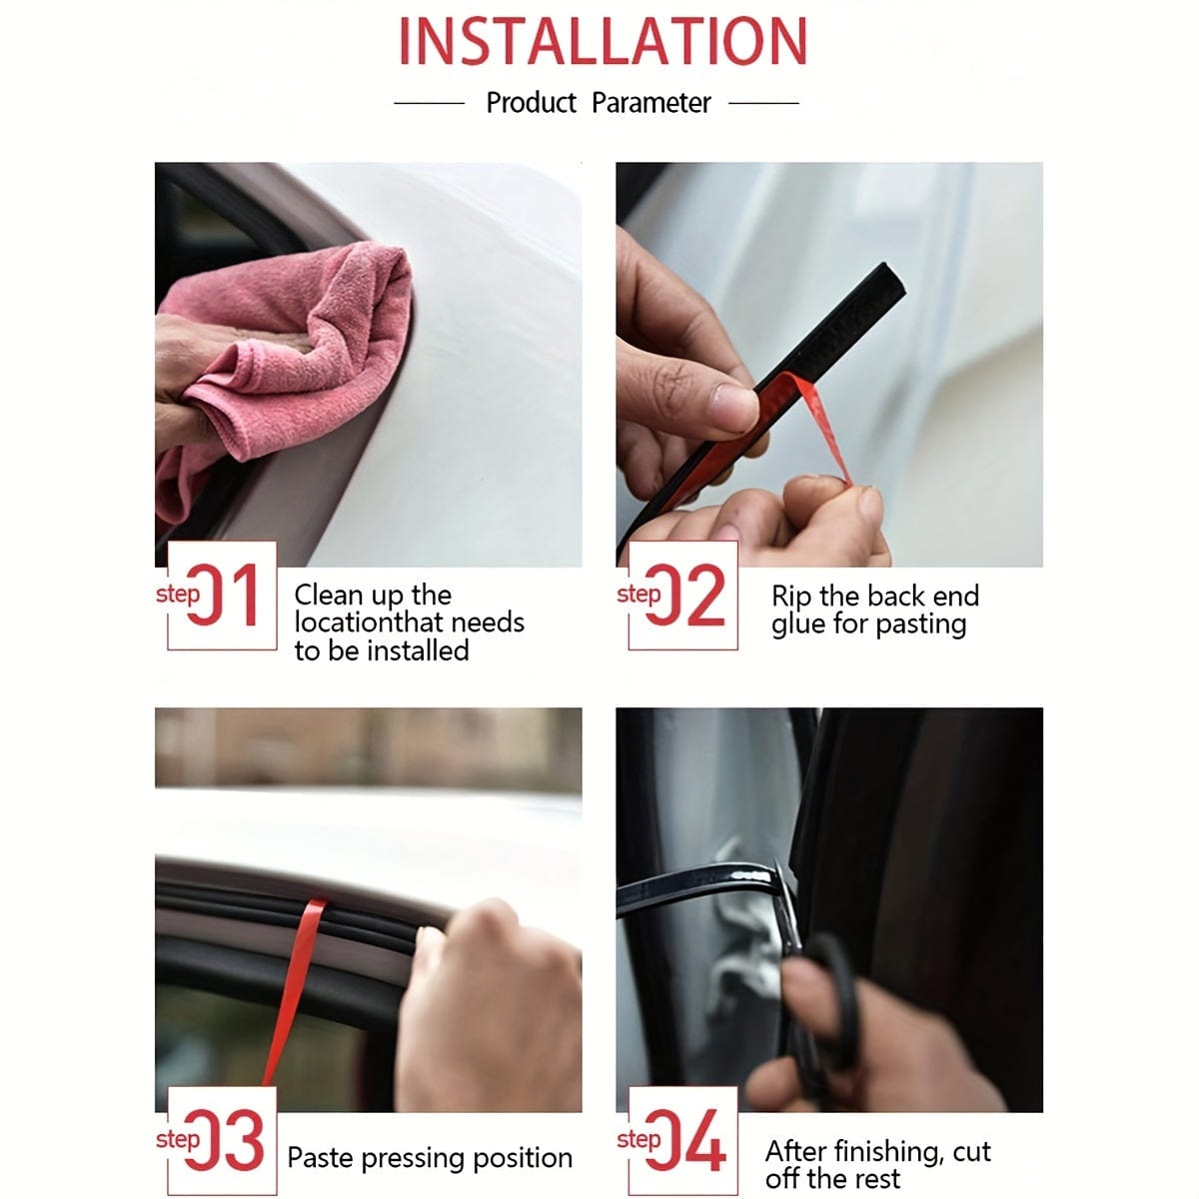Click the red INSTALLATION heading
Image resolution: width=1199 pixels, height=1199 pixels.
click(602, 42)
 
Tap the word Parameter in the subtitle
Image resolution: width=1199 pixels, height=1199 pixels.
click(650, 103)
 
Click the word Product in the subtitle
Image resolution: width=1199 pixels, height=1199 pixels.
click(531, 103)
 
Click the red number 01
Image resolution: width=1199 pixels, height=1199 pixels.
click(222, 595)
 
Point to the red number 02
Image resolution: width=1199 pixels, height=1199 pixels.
click(685, 595)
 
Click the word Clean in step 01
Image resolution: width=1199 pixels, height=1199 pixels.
click(329, 595)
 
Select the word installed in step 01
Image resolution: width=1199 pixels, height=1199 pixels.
click(418, 650)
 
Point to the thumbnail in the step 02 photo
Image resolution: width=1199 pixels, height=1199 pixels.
click(734, 406)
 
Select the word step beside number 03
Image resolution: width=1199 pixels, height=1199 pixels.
click(178, 1139)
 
